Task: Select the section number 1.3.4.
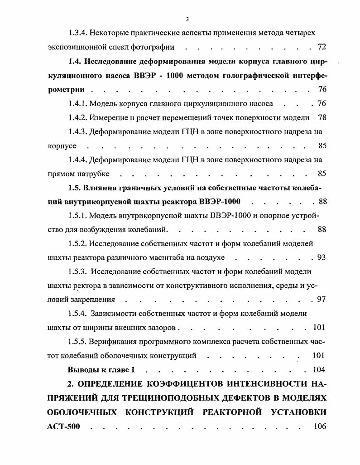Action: point(78,33)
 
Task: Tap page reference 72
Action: point(322,47)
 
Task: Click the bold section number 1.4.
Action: point(75,61)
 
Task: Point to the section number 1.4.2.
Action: point(78,117)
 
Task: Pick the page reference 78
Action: point(322,117)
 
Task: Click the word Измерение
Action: point(109,117)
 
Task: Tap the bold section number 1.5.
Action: point(75,188)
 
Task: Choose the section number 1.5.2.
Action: point(78,243)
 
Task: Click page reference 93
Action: point(322,257)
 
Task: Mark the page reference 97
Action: point(322,300)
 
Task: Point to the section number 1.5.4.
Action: point(78,314)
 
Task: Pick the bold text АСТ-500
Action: point(63,426)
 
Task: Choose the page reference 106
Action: point(320,426)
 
